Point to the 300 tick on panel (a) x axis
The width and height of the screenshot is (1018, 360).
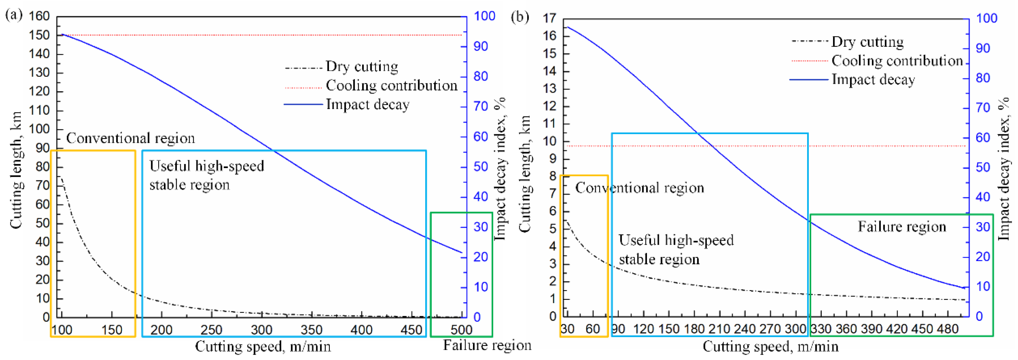262,329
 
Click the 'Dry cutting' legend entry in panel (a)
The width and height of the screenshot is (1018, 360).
362,66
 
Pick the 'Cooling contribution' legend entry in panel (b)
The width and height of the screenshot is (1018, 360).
897,61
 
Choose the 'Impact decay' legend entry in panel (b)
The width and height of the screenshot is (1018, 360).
873,80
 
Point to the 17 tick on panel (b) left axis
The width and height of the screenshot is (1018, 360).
550,18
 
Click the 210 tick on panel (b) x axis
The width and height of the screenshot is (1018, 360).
719,329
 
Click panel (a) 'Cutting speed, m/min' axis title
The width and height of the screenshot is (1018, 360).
263,347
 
